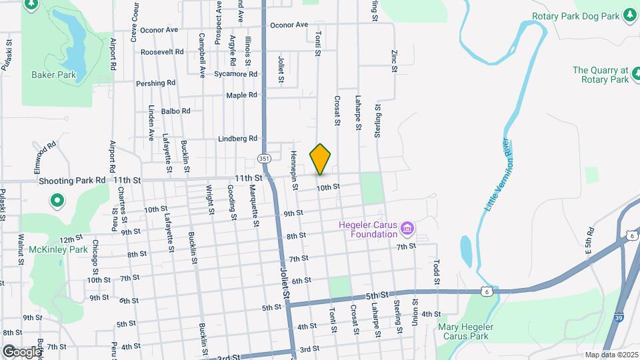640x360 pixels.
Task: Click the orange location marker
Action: pos(320,159)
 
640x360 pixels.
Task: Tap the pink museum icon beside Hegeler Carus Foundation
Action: pos(408,230)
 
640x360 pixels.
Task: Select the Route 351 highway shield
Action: pos(263,159)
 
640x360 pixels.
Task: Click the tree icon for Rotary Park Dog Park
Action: pos(629,15)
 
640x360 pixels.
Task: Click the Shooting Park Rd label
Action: pos(72,180)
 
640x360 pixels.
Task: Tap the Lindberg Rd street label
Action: pos(238,139)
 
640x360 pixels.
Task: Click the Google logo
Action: pos(22,351)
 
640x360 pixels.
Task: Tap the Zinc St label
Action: pos(394,61)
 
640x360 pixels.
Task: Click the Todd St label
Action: pos(437,271)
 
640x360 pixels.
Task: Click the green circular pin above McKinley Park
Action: pos(57,199)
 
